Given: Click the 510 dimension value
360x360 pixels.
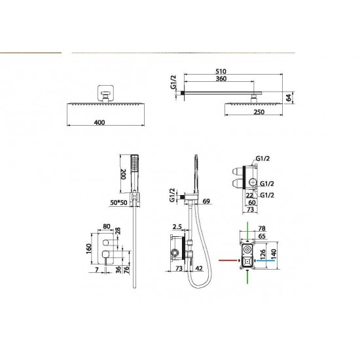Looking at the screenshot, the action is click(221, 71).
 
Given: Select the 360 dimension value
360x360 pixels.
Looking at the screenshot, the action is click(221, 79).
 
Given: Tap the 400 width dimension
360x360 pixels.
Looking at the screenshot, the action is click(99, 122).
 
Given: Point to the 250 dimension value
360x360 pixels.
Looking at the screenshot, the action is click(259, 112).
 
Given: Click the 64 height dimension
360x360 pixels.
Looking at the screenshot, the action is click(289, 98).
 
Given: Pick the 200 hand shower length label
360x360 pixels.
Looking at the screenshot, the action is click(124, 174).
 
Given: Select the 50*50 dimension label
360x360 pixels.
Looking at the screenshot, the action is click(118, 203).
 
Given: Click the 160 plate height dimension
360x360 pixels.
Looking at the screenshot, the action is click(89, 249).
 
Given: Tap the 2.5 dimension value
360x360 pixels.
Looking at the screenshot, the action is click(177, 227).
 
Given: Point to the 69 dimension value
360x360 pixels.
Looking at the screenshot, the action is click(206, 202).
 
